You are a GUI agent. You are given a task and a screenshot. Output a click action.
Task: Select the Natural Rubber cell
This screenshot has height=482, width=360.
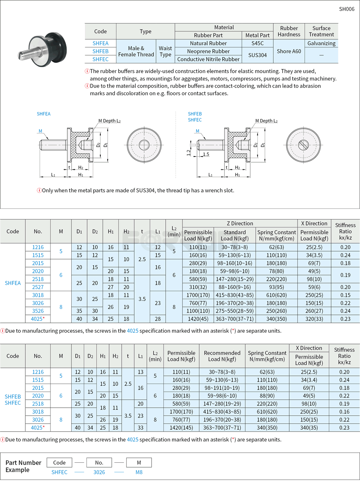208,43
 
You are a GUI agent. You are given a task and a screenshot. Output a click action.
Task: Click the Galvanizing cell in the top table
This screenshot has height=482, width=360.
321,43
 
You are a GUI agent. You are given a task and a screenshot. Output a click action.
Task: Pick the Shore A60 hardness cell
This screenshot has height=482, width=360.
289,51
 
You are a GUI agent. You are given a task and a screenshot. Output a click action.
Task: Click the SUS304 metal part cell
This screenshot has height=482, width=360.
257,55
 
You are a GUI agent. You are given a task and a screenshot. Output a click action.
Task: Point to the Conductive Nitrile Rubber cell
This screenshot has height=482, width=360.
208,59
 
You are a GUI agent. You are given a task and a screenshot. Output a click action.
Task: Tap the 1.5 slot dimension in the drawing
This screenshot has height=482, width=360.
206,154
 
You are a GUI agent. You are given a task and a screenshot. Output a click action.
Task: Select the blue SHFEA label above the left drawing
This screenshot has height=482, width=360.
44,114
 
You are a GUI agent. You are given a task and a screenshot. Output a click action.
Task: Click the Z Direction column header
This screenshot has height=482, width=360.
239,223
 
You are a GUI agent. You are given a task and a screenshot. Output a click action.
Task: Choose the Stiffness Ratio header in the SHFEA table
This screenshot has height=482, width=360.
345,231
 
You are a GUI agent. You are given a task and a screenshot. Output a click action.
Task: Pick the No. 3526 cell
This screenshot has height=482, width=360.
38,311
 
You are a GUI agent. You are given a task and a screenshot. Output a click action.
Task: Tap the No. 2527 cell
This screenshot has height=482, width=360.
38,287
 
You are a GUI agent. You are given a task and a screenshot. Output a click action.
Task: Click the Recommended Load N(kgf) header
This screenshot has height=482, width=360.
222,356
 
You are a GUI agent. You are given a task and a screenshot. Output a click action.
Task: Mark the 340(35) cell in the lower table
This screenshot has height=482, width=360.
309,427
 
